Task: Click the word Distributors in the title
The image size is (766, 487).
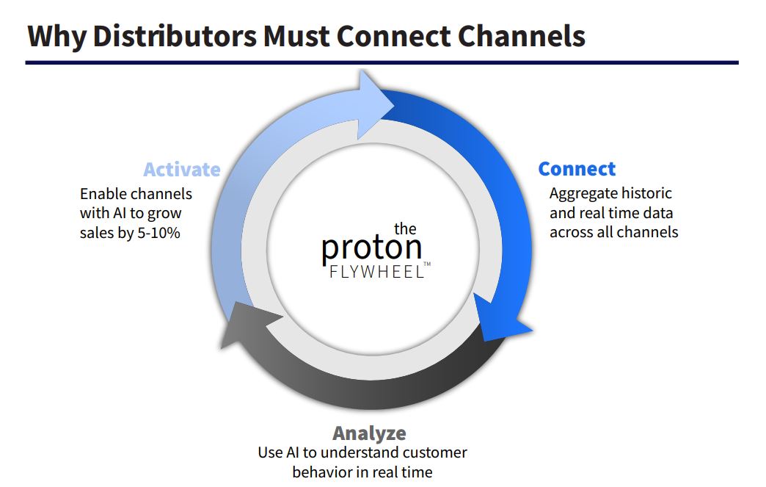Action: [175, 36]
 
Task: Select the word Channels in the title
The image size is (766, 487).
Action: [521, 36]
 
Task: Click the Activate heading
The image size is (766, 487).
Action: [182, 170]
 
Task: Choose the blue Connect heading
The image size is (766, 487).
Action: [577, 169]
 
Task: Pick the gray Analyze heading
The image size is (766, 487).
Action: [369, 433]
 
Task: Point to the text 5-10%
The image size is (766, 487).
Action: [158, 233]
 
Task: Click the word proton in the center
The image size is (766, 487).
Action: [372, 248]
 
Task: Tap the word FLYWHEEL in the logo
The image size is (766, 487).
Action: [376, 272]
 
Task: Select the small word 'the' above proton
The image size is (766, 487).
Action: [405, 229]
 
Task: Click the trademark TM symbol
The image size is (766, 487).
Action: [427, 264]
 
